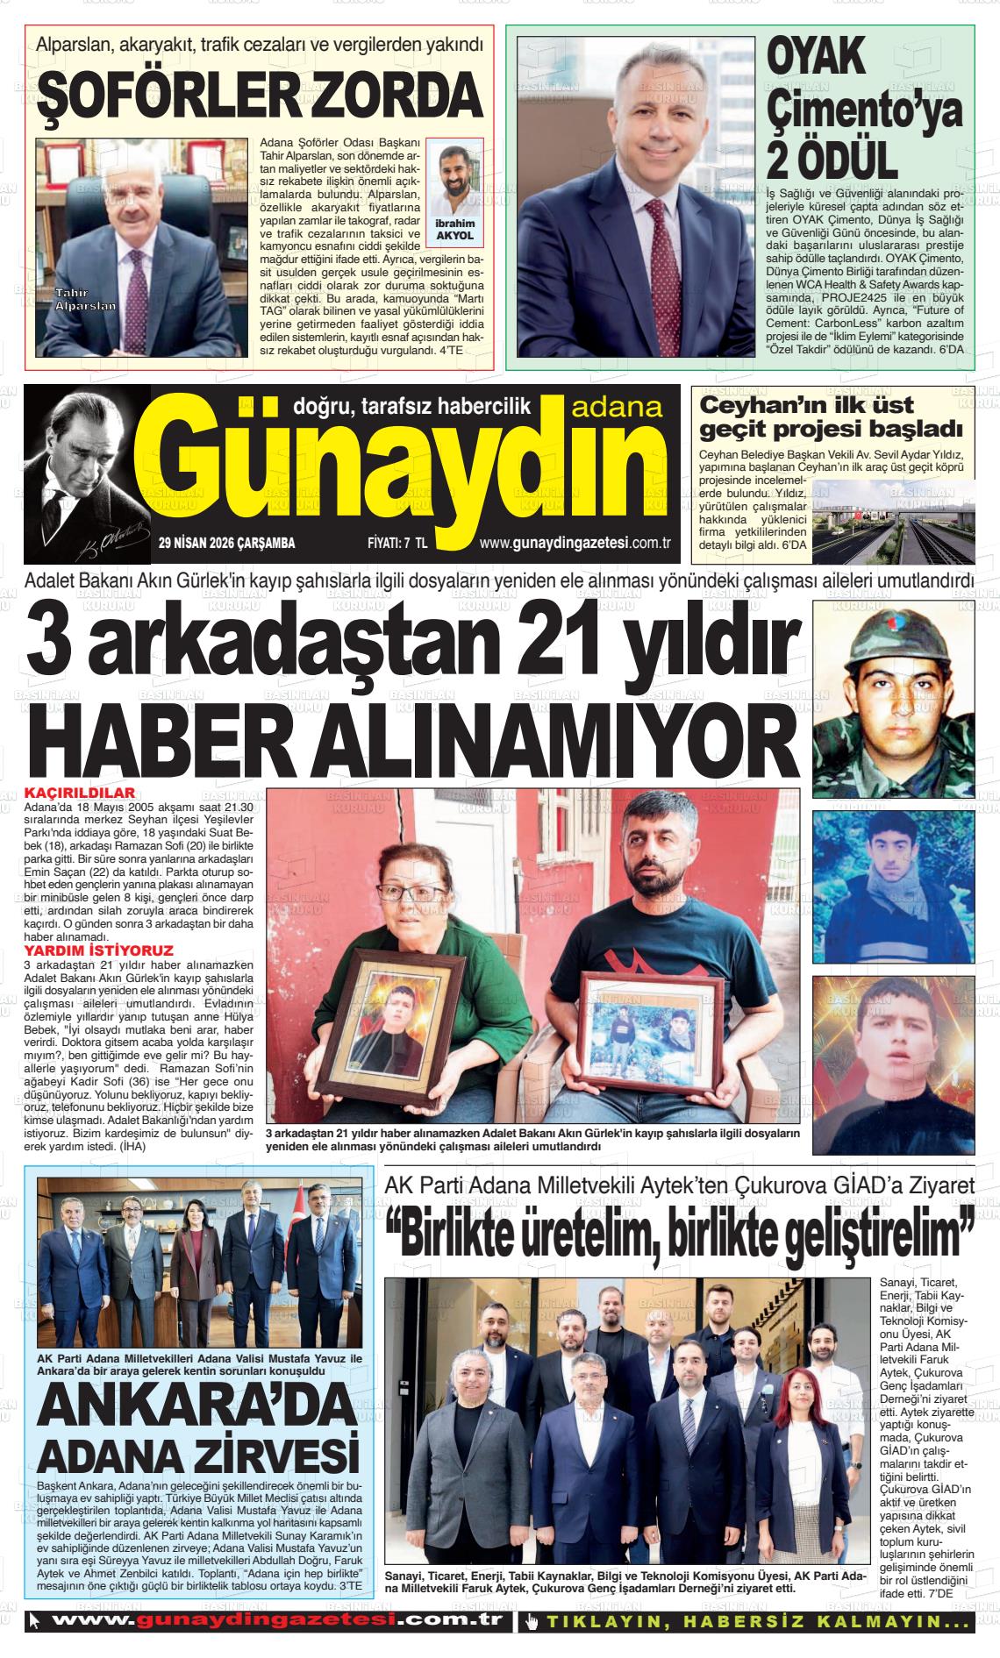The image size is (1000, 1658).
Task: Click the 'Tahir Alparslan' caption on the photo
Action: [85, 299]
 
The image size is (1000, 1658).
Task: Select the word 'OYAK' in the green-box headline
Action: [816, 58]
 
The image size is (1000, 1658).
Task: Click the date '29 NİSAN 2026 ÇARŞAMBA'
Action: [226, 544]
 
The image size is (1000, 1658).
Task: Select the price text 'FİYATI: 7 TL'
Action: [396, 544]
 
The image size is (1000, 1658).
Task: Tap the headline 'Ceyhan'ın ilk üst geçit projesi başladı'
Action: [831, 417]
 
